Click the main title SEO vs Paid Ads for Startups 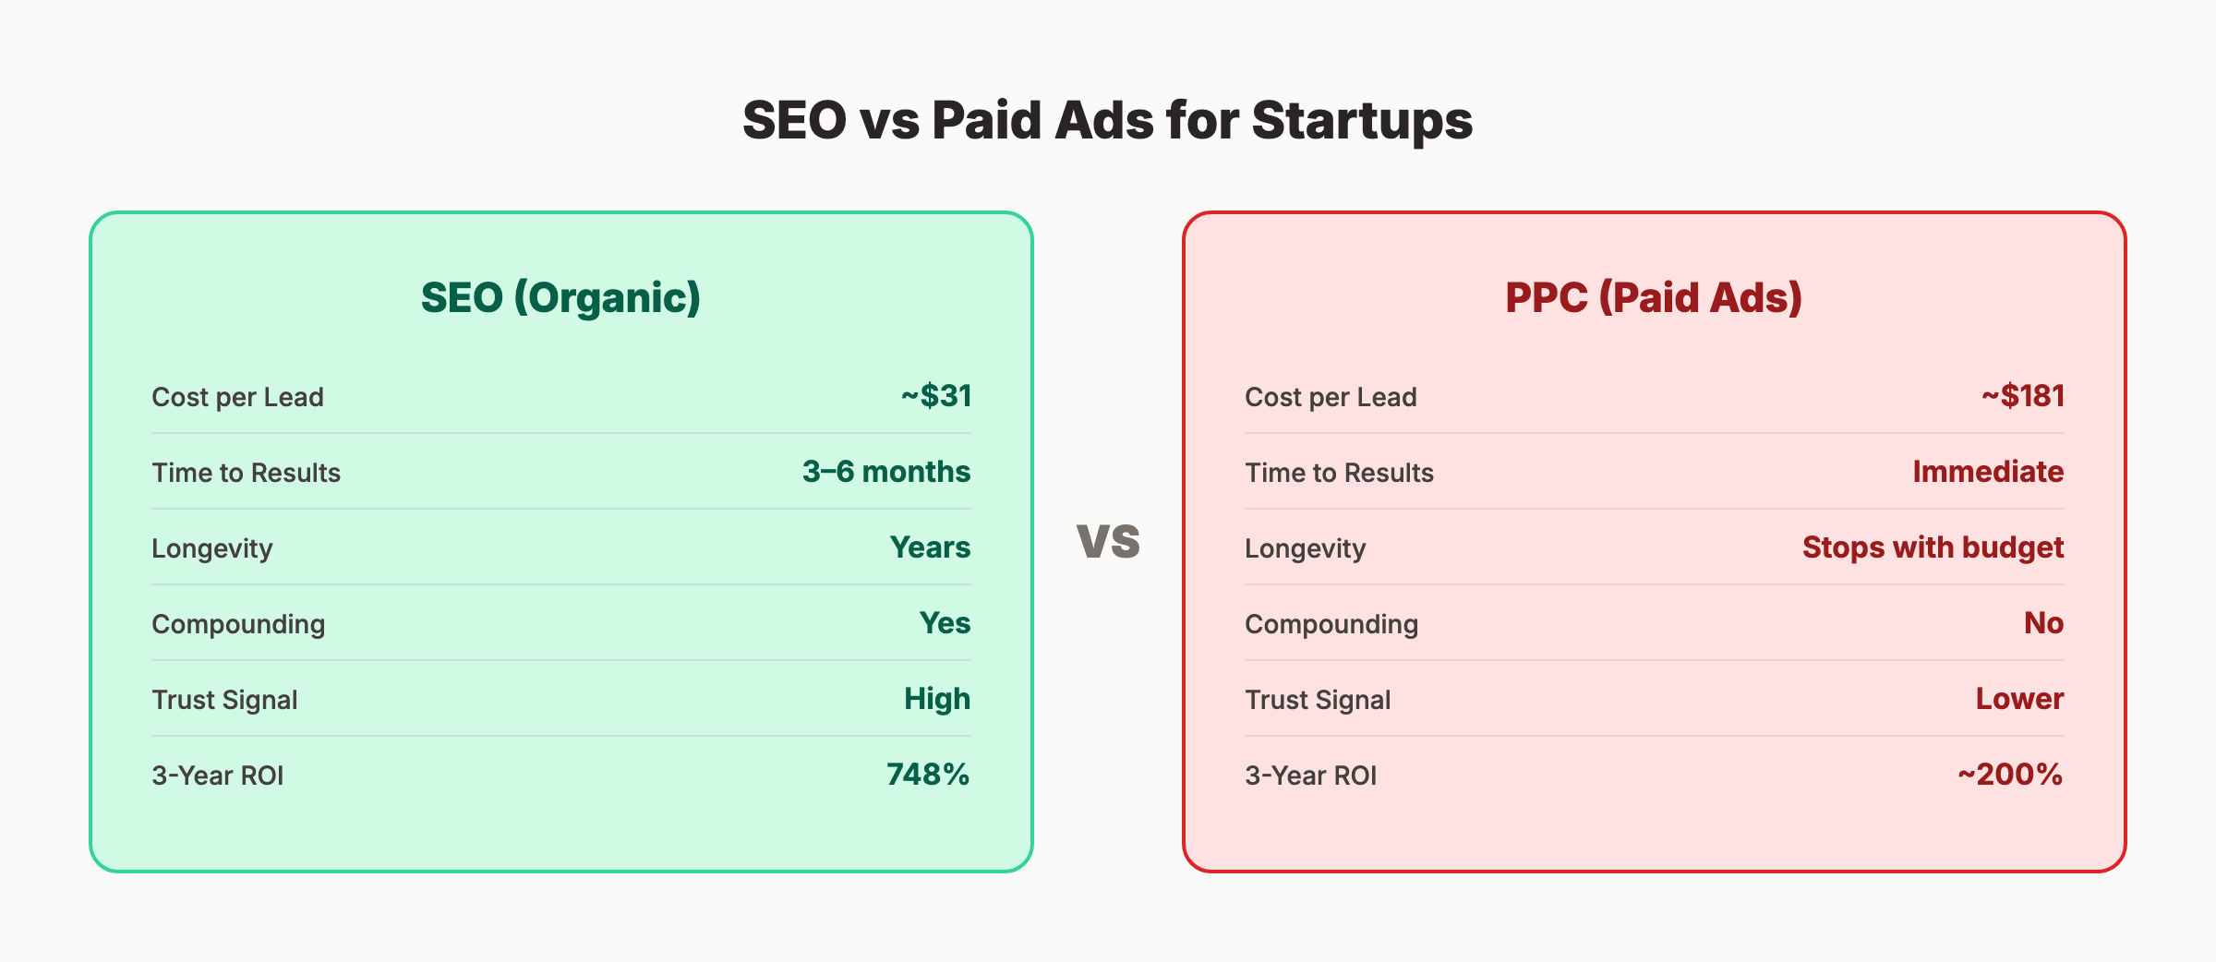(x=1107, y=121)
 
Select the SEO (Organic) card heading (x=560, y=297)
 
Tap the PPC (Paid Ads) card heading (x=1654, y=297)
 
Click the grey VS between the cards (x=1108, y=541)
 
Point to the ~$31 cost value (x=936, y=396)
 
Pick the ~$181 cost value (x=2022, y=396)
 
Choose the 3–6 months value (x=885, y=472)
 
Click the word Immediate (x=1988, y=472)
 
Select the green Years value (x=930, y=547)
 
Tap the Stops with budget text (x=1933, y=547)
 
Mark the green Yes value (x=945, y=623)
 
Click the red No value (x=2043, y=623)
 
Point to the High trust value (x=937, y=699)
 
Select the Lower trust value (x=2019, y=699)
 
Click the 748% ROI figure (x=928, y=775)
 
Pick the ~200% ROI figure (x=2010, y=775)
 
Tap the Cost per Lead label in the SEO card (x=237, y=397)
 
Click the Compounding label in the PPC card (x=1331, y=624)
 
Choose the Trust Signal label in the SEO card (x=224, y=700)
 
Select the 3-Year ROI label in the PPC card (x=1310, y=776)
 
